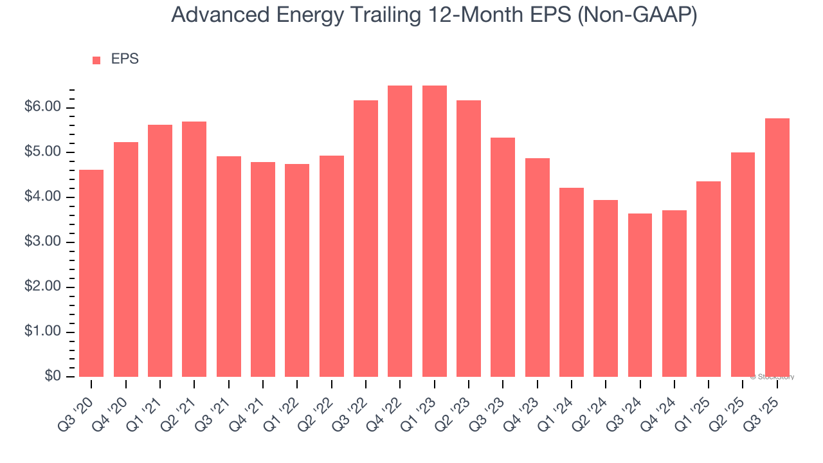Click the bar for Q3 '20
(x=91, y=273)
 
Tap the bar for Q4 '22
(x=400, y=232)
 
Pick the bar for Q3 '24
(x=640, y=295)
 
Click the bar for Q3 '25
(x=777, y=248)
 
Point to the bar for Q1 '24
(x=572, y=282)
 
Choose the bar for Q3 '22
(x=366, y=239)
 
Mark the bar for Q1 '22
(x=297, y=270)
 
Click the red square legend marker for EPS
(x=96, y=60)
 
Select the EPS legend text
(x=125, y=59)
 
